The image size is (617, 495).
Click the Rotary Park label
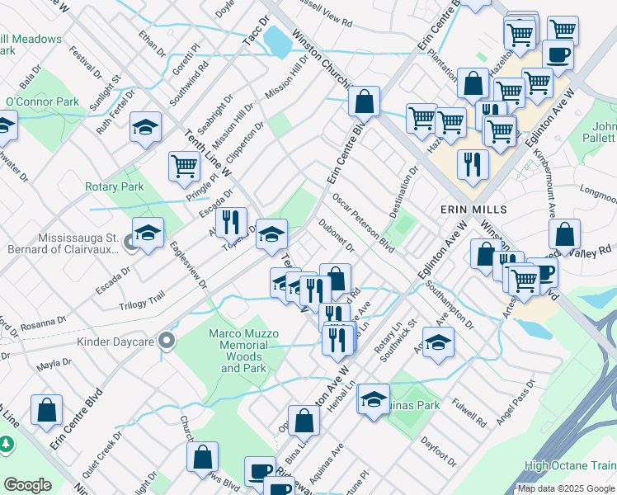[x=115, y=186]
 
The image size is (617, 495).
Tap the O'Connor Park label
[x=42, y=102]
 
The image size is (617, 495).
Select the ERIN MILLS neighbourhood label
[x=473, y=210]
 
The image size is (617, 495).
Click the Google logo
[x=27, y=484]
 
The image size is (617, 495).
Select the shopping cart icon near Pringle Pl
[x=184, y=165]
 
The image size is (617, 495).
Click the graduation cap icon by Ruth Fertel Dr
[x=145, y=127]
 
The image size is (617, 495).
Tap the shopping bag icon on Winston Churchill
[x=364, y=101]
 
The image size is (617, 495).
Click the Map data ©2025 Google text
[x=566, y=488]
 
